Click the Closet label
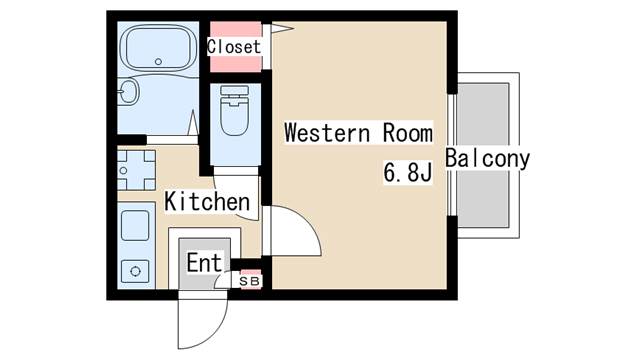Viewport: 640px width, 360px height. click(233, 47)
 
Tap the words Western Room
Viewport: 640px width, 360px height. click(358, 133)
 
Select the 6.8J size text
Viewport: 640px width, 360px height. click(407, 172)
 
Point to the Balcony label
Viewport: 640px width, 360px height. click(487, 158)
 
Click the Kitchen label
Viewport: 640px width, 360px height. click(207, 201)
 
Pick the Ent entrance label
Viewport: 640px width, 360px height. click(204, 262)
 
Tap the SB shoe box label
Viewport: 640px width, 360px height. click(249, 281)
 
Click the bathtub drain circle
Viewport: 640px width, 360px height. click(158, 62)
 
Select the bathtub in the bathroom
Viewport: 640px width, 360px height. click(158, 49)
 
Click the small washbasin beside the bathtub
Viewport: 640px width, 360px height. click(129, 91)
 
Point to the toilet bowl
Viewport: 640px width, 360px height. click(234, 116)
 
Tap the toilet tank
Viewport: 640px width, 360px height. click(234, 91)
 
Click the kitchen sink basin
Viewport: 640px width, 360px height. click(135, 225)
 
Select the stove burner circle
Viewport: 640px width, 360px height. click(135, 271)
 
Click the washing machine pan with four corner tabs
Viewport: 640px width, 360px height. click(136, 170)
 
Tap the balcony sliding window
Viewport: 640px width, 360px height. click(452, 155)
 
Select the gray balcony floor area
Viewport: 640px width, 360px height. click(483, 156)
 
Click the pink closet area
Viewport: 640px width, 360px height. click(236, 47)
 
